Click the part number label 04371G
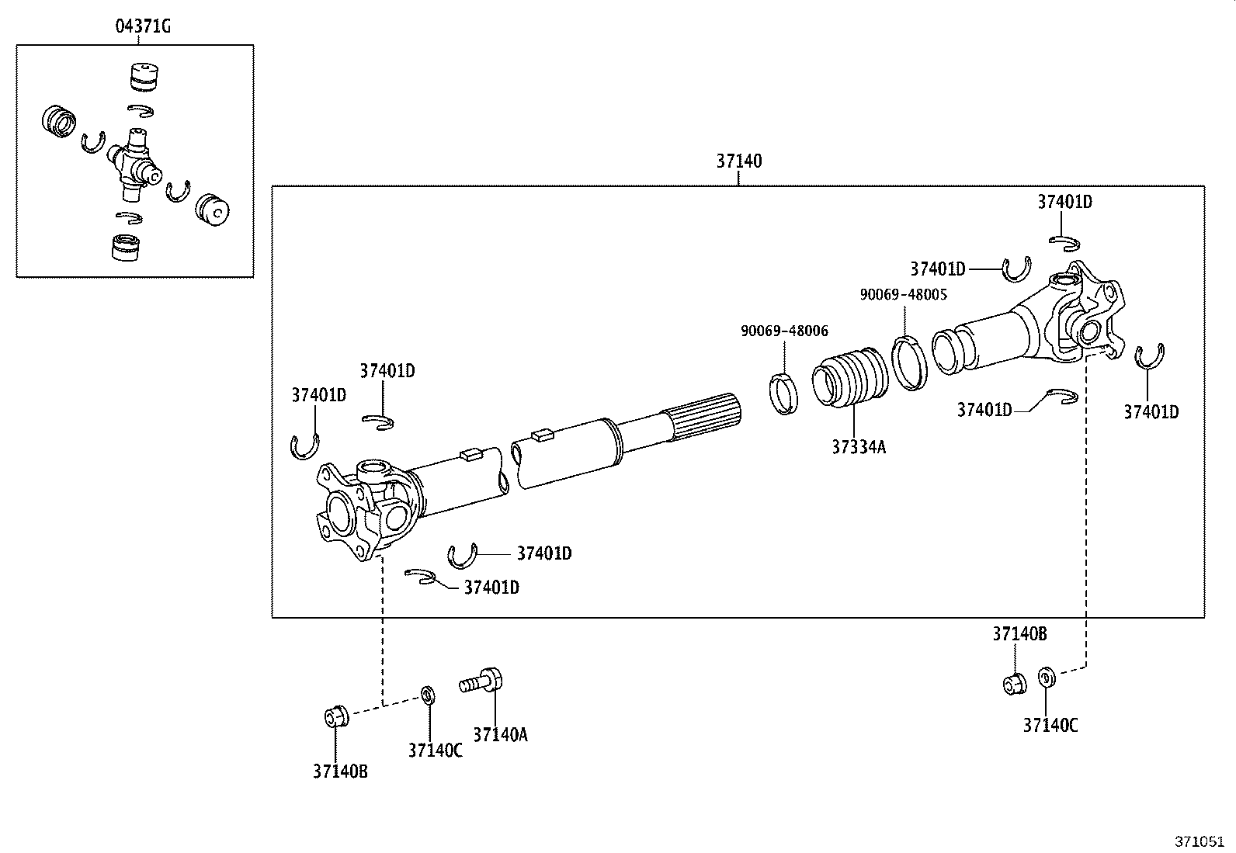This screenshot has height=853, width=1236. [x=143, y=26]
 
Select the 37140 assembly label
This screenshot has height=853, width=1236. [x=739, y=161]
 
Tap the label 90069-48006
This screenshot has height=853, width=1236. [x=784, y=331]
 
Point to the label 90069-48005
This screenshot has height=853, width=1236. [x=903, y=295]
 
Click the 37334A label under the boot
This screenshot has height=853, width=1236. [x=859, y=447]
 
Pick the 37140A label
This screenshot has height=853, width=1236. [x=501, y=734]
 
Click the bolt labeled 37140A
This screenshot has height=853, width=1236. [x=481, y=682]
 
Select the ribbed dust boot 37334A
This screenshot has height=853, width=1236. [x=850, y=378]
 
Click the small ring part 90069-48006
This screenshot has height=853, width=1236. [x=783, y=394]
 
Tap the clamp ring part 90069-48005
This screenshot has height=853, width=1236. [x=909, y=363]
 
